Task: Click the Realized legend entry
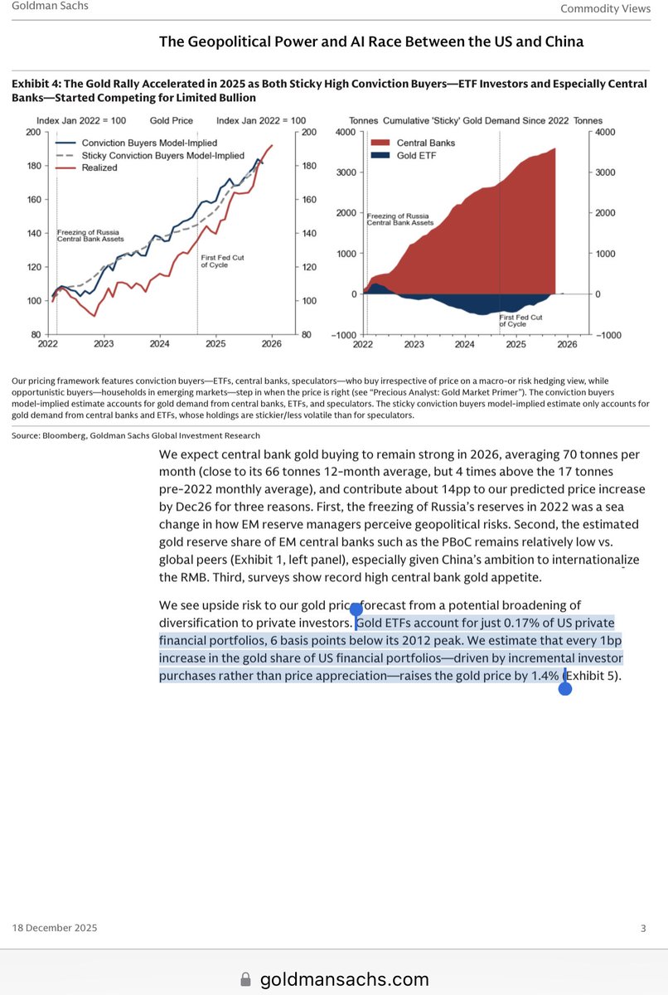[x=99, y=167]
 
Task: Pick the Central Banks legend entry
[x=425, y=143]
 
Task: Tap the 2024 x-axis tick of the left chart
[x=159, y=343]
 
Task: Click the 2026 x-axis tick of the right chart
[x=568, y=343]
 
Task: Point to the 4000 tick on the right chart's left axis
[x=345, y=133]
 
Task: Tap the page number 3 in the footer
[x=642, y=928]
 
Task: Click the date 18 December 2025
[x=55, y=928]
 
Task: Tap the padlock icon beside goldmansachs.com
[x=245, y=979]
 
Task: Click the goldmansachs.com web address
[x=345, y=979]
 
